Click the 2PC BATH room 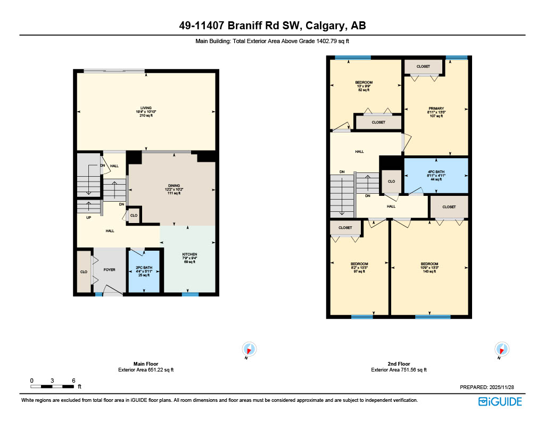[144, 271]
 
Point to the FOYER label [109, 270]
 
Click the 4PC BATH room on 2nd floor [436, 175]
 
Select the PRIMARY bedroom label [436, 112]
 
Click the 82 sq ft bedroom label [364, 86]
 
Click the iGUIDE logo [500, 401]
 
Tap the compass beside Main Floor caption [249, 350]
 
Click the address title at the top [272, 26]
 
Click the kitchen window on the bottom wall [190, 294]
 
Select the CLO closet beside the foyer [84, 271]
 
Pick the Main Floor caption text [145, 364]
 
